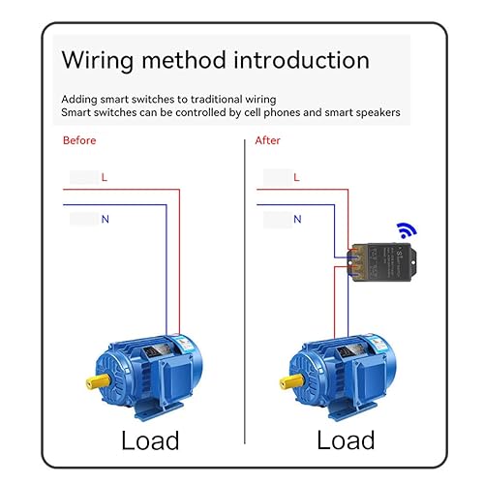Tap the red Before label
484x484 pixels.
(x=79, y=140)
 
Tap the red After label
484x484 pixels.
(x=268, y=140)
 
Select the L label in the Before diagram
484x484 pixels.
(x=105, y=178)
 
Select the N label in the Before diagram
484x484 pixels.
(x=105, y=220)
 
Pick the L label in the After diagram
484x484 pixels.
(x=296, y=178)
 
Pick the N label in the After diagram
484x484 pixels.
(x=296, y=220)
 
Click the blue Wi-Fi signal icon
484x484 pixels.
(x=403, y=230)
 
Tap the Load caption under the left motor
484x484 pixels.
(x=150, y=440)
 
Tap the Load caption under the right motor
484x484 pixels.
(x=346, y=440)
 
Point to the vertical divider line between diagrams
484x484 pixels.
(x=243, y=290)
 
